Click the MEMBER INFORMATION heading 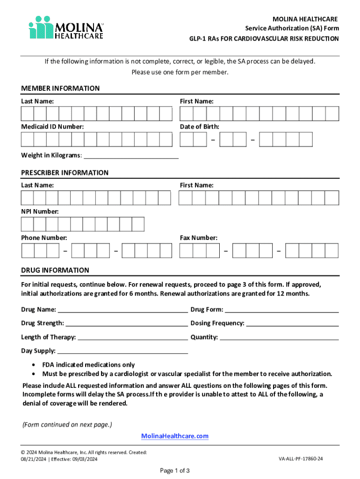tap(60, 88)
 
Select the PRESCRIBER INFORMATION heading tap(65, 173)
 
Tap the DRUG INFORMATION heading tap(55, 270)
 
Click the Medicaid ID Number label tap(52, 127)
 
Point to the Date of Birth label tap(199, 127)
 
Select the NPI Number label tap(40, 211)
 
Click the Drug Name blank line tap(122, 310)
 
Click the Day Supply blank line tap(122, 352)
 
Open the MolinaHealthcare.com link tap(175, 436)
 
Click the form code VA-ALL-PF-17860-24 tap(301, 459)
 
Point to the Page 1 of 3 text tap(174, 470)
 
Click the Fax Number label tap(198, 238)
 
